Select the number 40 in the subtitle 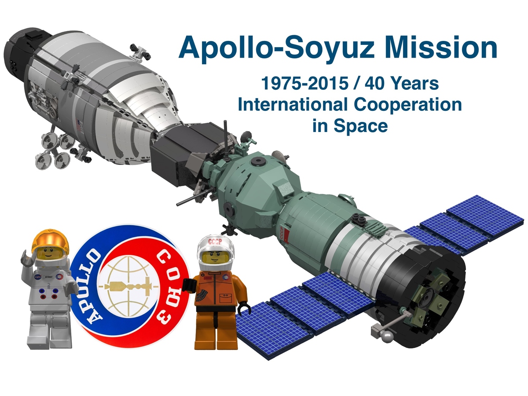click(378, 84)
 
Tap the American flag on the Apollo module click(79, 126)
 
